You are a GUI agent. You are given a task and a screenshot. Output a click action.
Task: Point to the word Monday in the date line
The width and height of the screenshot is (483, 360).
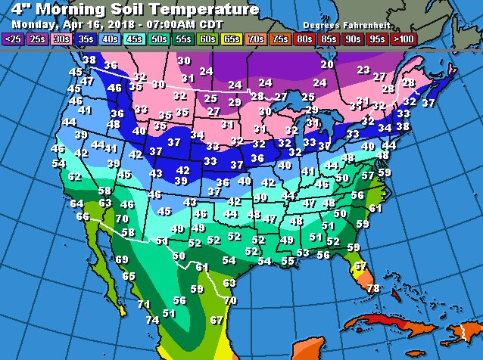(33, 23)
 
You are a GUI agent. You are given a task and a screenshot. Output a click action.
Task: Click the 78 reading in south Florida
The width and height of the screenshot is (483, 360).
(372, 289)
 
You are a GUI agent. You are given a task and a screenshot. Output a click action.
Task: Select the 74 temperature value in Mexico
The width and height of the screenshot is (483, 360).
(152, 320)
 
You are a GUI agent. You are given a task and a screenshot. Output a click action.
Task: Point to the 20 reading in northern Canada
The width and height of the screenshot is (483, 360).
(326, 65)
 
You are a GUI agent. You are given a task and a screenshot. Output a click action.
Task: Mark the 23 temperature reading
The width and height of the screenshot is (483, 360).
(363, 70)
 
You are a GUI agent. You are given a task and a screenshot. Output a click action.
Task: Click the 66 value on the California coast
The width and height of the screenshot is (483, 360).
(83, 217)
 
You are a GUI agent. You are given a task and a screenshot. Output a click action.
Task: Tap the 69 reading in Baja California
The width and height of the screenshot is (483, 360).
(122, 260)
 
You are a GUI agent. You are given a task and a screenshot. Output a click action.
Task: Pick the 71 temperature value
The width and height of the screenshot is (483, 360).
(143, 305)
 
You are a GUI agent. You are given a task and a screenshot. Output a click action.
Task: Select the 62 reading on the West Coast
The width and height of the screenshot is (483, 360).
(74, 177)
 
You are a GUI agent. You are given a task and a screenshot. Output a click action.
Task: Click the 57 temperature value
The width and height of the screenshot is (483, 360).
(367, 175)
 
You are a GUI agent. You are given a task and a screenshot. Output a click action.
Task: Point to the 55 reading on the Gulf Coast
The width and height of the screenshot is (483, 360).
(287, 261)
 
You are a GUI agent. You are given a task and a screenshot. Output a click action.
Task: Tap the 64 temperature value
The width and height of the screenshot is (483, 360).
(76, 203)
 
